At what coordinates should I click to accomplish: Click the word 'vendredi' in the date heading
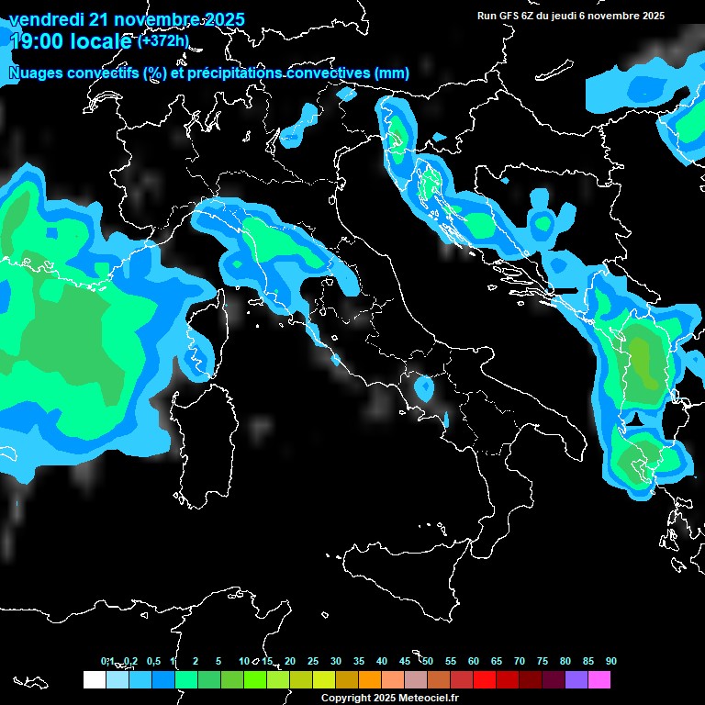[45, 19]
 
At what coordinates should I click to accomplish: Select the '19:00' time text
[34, 41]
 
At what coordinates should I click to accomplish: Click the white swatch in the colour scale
[94, 680]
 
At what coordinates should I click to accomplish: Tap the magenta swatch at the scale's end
[599, 680]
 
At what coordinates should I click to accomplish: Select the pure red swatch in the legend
[484, 680]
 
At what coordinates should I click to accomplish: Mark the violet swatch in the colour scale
[576, 680]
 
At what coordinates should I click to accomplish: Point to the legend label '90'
[611, 661]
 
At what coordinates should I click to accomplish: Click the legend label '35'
[359, 661]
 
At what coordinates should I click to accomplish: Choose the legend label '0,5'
[152, 661]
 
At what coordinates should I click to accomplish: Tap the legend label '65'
[497, 661]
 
